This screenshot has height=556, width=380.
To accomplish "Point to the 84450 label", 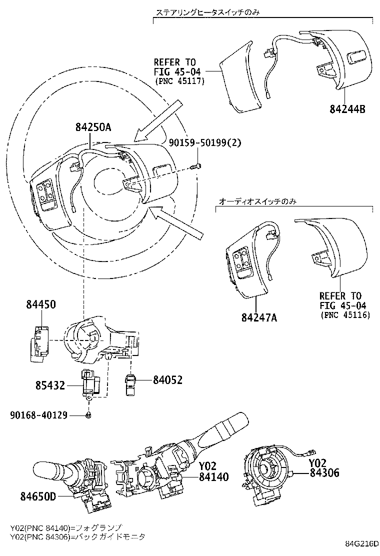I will (41, 304).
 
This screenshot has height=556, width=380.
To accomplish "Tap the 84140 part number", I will (213, 477).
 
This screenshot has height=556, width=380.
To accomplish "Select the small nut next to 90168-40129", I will (88, 415).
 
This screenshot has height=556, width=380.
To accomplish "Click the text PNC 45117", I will (180, 82).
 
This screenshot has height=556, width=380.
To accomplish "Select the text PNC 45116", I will (344, 315).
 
